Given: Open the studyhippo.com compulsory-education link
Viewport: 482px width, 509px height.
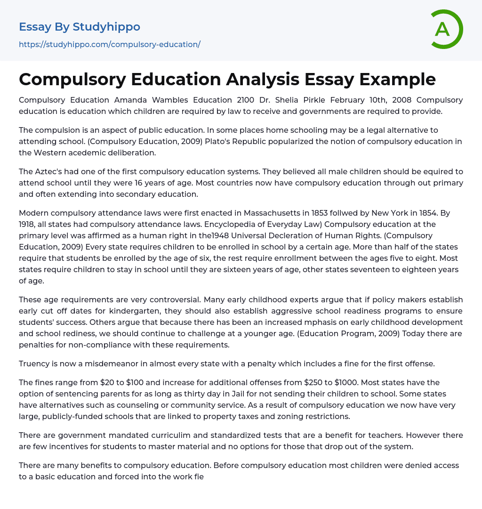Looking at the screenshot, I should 110,44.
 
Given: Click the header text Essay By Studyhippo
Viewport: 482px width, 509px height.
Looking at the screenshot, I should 80,27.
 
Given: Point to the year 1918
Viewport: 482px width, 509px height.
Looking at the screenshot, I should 29,225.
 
